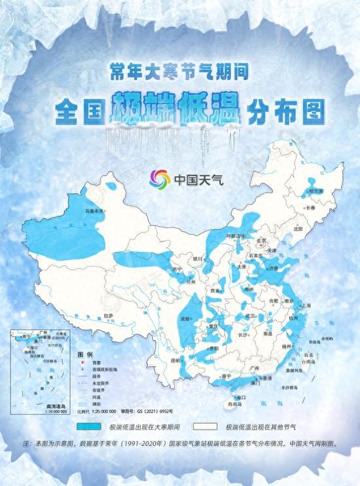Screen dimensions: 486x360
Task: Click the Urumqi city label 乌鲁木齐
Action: [96, 212]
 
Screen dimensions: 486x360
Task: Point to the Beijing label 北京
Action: [262, 240]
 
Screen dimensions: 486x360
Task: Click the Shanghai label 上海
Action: [306, 305]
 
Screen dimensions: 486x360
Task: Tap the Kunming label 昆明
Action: [175, 360]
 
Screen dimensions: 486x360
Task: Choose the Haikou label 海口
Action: [242, 397]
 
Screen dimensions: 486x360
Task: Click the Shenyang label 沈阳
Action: [298, 230]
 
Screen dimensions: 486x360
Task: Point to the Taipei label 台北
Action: [307, 354]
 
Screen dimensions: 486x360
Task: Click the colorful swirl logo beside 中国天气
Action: [160, 178]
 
